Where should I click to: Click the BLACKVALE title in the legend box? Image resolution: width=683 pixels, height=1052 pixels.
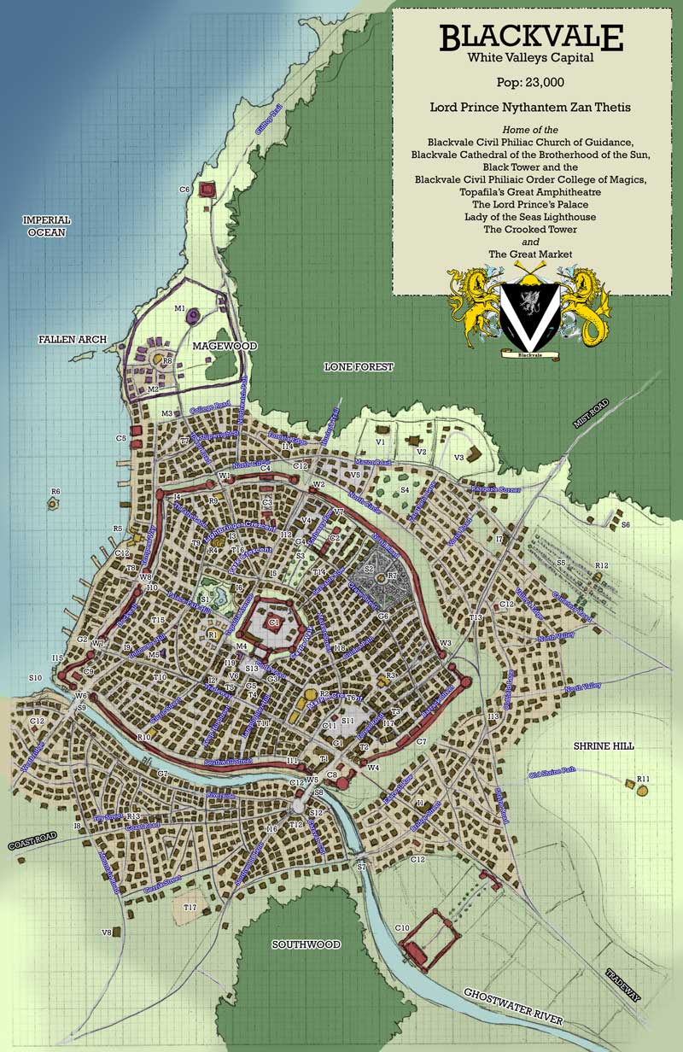[x=531, y=38]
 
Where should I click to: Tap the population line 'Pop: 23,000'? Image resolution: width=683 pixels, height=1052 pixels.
[x=531, y=83]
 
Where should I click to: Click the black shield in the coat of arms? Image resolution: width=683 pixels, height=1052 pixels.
[x=530, y=312]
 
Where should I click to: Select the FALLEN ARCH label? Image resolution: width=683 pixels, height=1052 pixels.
[x=73, y=340]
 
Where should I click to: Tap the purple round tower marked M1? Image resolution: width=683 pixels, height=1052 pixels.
[x=194, y=317]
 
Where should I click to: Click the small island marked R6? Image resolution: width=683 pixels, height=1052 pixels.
[x=54, y=504]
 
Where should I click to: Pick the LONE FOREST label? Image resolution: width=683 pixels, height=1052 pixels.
[x=359, y=367]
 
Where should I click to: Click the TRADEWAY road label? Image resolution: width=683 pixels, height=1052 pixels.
[x=624, y=985]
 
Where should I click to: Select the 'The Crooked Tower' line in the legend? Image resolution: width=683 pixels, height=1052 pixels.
[x=531, y=230]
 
